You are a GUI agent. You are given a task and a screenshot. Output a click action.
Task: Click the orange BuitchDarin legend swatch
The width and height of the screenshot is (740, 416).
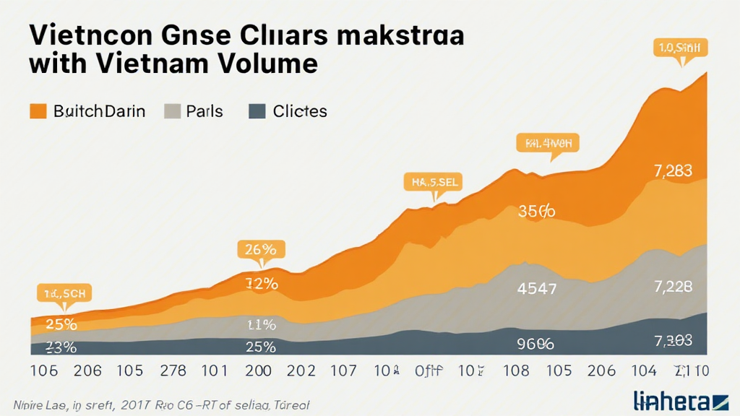tap(38, 111)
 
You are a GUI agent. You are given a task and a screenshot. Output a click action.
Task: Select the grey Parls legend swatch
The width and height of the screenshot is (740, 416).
tap(172, 111)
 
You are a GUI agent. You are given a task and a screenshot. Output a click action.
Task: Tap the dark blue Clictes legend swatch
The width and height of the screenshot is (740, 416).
tap(256, 111)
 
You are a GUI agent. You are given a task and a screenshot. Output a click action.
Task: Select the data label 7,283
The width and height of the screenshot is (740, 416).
tap(673, 171)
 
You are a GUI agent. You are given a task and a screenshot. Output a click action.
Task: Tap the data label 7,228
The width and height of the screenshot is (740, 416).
tap(673, 287)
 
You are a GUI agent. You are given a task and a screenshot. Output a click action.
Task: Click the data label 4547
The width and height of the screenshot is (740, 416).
tap(537, 290)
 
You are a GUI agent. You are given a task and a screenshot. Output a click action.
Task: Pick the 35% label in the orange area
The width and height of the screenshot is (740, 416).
tap(537, 212)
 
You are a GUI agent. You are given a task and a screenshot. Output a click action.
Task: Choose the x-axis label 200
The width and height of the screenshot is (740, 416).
tap(258, 371)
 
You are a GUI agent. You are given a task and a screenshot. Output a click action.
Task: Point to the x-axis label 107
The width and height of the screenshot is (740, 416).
tap(343, 371)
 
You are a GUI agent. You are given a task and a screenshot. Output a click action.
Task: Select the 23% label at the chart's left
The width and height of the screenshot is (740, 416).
tap(61, 347)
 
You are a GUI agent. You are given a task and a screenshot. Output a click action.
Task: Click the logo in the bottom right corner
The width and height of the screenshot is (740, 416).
tap(680, 399)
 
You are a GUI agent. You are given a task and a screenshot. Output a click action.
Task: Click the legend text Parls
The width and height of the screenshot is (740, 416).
tap(204, 111)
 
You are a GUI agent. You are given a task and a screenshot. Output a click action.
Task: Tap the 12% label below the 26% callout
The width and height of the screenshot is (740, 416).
tap(261, 284)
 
